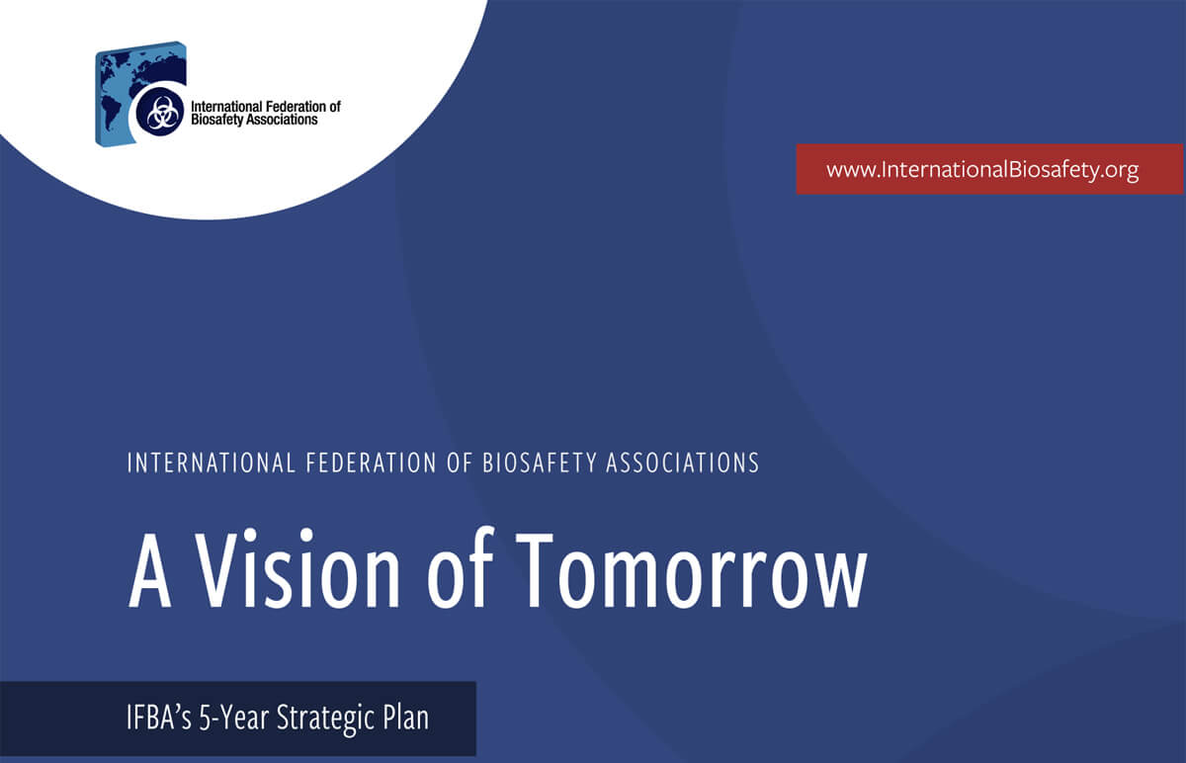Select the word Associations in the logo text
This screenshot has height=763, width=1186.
click(277, 120)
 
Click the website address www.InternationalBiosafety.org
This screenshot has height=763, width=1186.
click(982, 170)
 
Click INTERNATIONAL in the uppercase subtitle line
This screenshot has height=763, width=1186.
click(211, 463)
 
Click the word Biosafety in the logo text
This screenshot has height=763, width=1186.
click(213, 120)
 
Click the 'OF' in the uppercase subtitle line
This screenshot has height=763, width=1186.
click(461, 463)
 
